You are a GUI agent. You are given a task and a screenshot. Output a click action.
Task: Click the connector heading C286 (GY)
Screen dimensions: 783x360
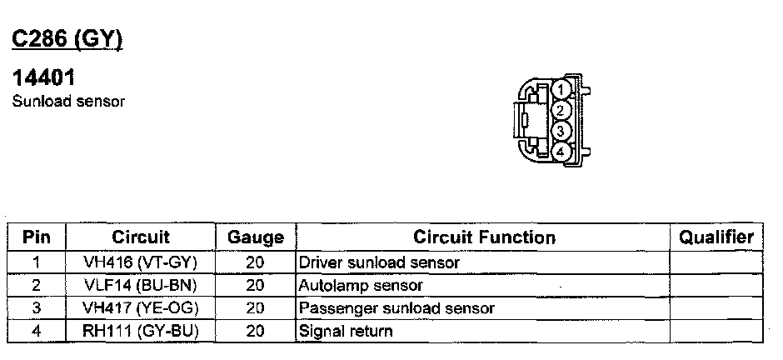[x=67, y=39]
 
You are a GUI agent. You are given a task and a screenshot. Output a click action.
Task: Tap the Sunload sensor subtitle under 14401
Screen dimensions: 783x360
[x=68, y=102]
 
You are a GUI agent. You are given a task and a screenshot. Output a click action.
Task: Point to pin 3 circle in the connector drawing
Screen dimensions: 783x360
[x=561, y=132]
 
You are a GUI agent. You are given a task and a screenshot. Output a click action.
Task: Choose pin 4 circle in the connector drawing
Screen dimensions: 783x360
[x=561, y=152]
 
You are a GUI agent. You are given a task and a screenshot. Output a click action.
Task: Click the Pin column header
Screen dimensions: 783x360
[x=36, y=237]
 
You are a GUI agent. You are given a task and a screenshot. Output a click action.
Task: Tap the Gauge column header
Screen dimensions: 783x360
[x=255, y=237]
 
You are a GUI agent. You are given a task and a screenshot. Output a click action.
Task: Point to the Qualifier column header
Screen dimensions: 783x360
[x=716, y=237]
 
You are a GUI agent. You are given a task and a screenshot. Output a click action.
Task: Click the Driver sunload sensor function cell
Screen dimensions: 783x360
[x=379, y=262]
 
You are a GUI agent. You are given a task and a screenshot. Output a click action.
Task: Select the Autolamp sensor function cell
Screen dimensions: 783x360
[x=361, y=285]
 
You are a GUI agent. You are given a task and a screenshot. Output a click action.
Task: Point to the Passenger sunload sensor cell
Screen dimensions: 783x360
[x=396, y=308]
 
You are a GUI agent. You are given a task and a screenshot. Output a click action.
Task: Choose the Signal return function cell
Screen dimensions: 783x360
[x=346, y=331]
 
